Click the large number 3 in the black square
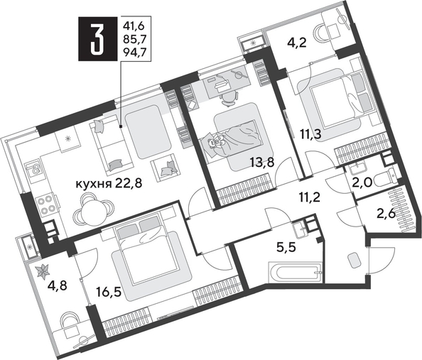[95, 43]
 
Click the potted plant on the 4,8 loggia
[42, 270]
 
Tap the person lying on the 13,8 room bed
[218, 143]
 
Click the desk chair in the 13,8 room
[226, 97]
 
